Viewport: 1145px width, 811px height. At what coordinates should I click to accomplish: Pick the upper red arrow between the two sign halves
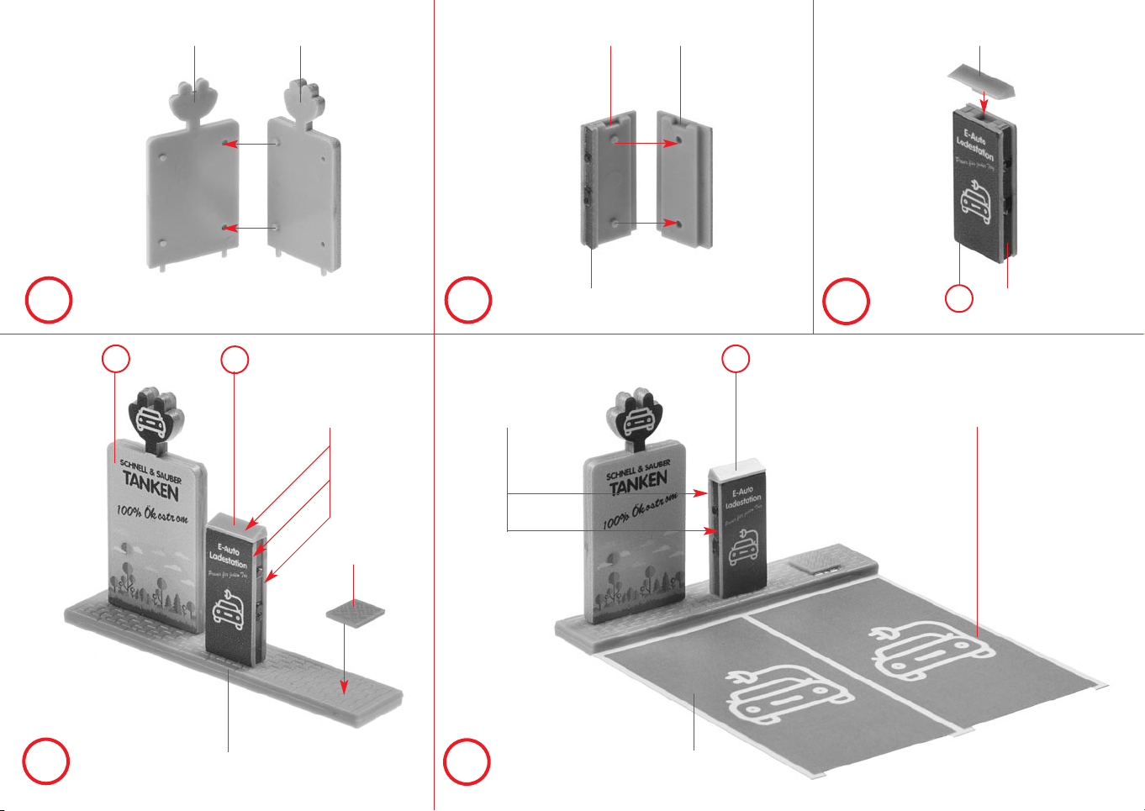pos(250,145)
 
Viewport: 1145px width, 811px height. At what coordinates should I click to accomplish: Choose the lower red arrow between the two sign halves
pos(250,228)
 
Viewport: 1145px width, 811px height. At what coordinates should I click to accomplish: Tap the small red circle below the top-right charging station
pos(960,298)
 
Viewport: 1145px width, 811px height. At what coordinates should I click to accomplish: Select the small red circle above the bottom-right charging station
pos(736,359)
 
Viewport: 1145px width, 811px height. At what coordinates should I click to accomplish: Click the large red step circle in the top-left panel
pos(49,301)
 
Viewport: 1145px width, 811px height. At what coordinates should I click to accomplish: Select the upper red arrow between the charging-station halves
pos(647,144)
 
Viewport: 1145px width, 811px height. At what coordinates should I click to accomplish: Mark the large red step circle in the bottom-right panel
pos(467,761)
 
